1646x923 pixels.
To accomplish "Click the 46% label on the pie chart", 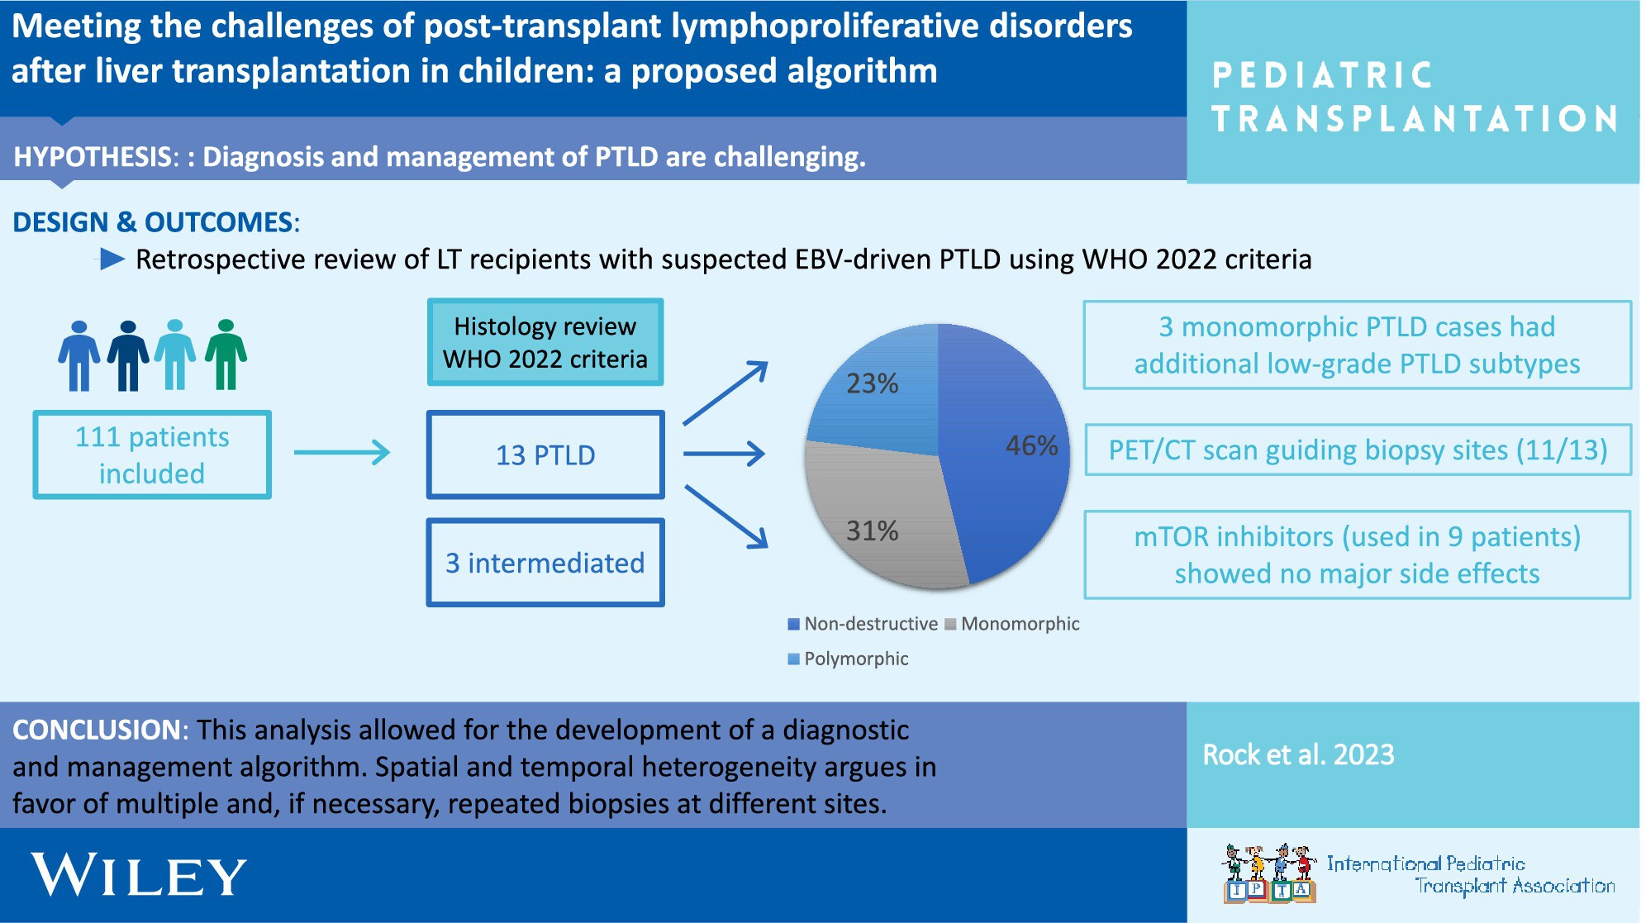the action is pyautogui.click(x=1031, y=445).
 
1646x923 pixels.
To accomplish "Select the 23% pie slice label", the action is pyautogui.click(x=872, y=383).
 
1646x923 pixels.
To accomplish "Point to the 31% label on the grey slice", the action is pyautogui.click(x=872, y=530).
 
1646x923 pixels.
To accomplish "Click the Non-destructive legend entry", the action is pyautogui.click(x=863, y=624).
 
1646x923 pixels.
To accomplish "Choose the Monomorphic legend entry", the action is pyautogui.click(x=1012, y=624).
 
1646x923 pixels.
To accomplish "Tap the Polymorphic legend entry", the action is pyautogui.click(x=848, y=659).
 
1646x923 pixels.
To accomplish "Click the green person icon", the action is pyautogui.click(x=226, y=354).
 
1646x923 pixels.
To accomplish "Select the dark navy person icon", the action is pyautogui.click(x=128, y=355).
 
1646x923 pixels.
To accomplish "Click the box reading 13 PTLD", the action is pyautogui.click(x=545, y=454).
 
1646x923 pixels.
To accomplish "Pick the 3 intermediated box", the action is pyautogui.click(x=545, y=563).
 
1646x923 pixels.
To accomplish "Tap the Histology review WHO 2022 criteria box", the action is pyautogui.click(x=545, y=342).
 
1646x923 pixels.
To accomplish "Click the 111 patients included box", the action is pyautogui.click(x=152, y=454).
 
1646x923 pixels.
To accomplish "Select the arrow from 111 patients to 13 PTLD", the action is pyautogui.click(x=342, y=452).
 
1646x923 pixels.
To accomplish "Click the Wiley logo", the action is pyautogui.click(x=139, y=875).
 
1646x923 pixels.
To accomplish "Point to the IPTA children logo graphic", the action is pyautogui.click(x=1269, y=873).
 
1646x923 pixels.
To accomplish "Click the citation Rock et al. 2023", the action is pyautogui.click(x=1298, y=754).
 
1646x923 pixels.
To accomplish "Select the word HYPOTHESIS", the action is pyautogui.click(x=92, y=157).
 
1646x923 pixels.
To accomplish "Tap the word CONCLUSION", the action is pyautogui.click(x=97, y=730).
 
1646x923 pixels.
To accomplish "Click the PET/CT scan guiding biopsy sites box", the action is pyautogui.click(x=1358, y=450).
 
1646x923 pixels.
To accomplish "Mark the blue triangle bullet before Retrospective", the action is pyautogui.click(x=112, y=259).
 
